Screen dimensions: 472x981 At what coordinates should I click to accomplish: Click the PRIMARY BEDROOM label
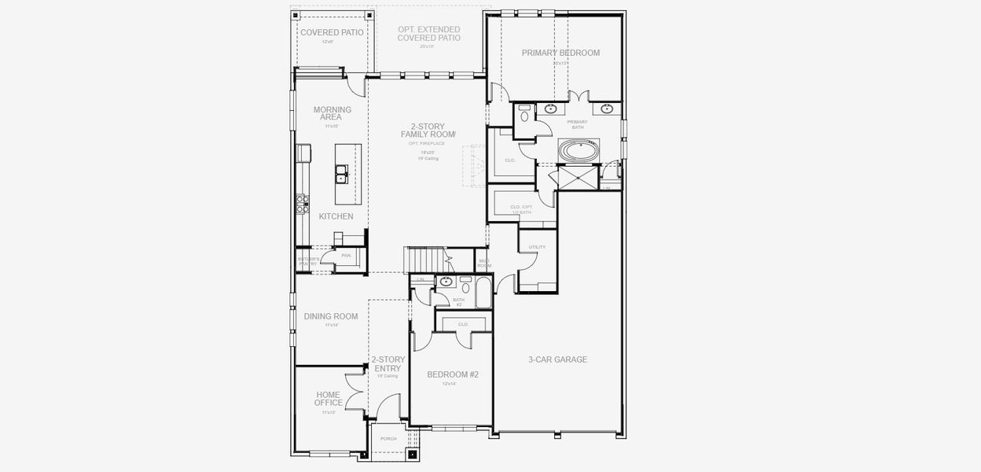point(560,53)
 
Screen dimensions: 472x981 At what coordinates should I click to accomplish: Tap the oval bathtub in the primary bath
point(578,149)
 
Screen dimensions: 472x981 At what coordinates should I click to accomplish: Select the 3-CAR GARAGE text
point(557,360)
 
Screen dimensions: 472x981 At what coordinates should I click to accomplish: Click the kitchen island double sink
point(342,173)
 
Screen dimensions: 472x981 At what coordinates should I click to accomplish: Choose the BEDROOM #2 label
point(453,374)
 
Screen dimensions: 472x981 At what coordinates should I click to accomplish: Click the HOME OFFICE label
point(329,399)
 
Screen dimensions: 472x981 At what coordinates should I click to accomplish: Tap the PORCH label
point(388,438)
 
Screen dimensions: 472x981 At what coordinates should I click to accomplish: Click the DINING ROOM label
point(331,316)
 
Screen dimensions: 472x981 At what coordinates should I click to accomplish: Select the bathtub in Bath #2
point(483,293)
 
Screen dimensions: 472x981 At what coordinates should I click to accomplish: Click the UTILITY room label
point(537,247)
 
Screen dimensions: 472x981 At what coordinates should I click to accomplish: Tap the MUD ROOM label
point(484,264)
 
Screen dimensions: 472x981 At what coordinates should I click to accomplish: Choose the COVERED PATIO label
point(332,32)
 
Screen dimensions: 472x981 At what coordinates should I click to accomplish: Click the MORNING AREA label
point(332,113)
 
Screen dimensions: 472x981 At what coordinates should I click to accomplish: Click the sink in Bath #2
point(446,281)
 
